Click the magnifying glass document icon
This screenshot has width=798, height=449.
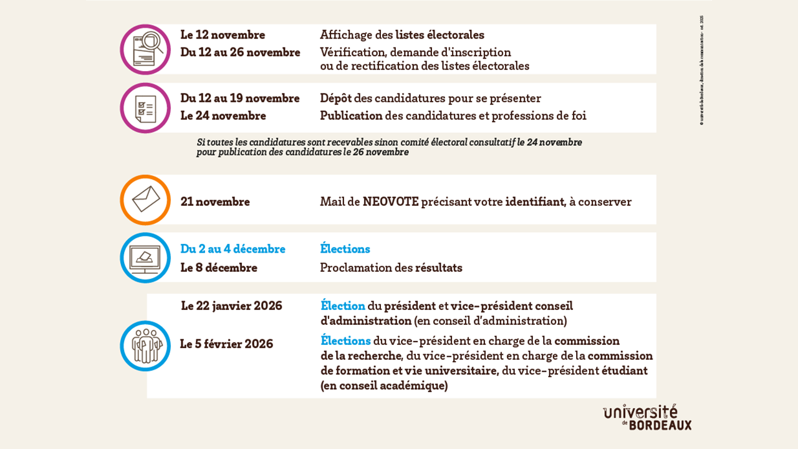pos(145,49)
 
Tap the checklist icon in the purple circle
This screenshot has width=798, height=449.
pos(145,109)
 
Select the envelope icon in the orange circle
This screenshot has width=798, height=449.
pos(145,200)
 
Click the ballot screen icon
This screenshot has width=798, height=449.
pos(145,258)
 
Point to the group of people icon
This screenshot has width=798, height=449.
pos(145,345)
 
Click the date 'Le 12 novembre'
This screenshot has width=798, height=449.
pos(223,35)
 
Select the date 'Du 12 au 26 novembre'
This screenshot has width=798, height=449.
pos(240,52)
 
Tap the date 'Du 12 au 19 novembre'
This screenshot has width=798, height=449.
pos(240,99)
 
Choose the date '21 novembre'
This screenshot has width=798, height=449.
pos(215,202)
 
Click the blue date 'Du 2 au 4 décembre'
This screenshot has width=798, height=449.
pos(233,249)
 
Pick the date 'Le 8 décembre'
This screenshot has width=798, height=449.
pos(219,268)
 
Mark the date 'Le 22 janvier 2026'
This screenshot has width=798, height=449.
pos(231,306)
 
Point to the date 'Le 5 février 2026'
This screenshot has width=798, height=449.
pos(226,344)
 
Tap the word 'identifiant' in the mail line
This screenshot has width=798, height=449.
pos(535,202)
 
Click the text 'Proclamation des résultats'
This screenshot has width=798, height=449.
pos(391,268)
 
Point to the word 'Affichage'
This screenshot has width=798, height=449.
pos(347,35)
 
